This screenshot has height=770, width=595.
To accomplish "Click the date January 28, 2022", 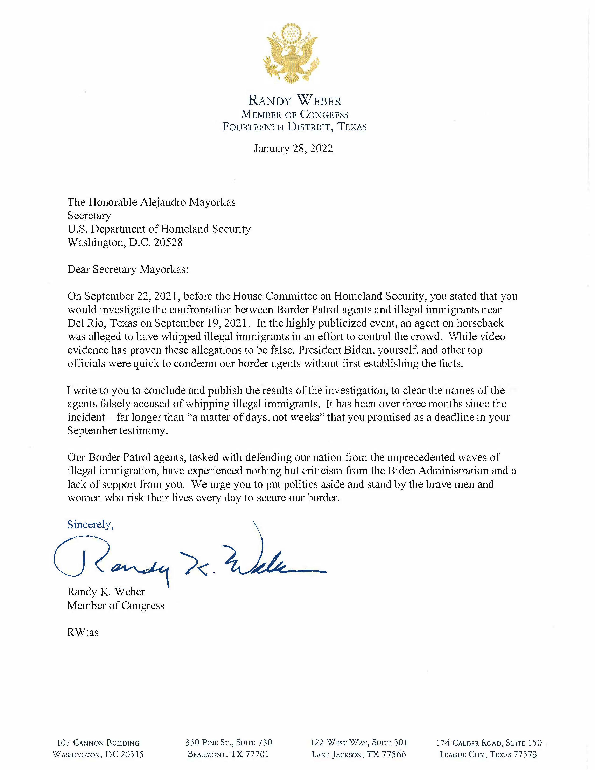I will coord(293,148).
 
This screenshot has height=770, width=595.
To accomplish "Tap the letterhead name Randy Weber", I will coord(295,101).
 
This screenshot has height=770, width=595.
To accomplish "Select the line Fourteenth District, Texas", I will coord(294,127).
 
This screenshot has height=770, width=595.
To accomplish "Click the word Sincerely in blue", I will coord(90,525).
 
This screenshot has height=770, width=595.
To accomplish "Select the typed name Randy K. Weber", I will coord(106,591).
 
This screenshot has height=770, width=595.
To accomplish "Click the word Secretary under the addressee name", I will coord(89,215).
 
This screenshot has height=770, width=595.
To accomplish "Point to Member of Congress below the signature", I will coord(116,605).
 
